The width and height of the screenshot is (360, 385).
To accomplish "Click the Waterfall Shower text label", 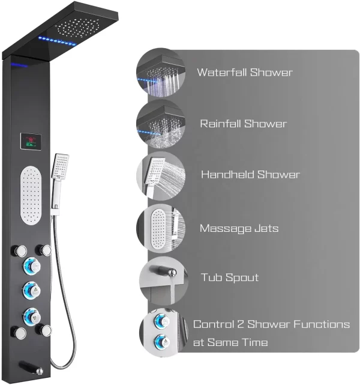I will tap(245, 73).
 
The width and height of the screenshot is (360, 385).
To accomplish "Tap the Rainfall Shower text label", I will tap(244, 124).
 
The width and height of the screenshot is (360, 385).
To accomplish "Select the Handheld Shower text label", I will tap(250, 175).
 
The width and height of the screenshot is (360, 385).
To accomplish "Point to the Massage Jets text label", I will tap(239, 228).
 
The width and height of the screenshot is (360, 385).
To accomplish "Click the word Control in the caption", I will tap(210, 324).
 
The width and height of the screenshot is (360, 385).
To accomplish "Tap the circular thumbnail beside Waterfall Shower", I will tap(161, 71).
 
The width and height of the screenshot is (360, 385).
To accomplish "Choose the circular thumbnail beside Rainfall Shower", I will tap(161, 124).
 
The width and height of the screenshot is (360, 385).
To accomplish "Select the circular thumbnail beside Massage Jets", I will tap(161, 228).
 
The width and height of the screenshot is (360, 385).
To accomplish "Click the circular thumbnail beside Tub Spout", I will tap(161, 280).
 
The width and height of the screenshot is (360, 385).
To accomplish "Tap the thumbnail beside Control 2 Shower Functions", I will tap(161, 332).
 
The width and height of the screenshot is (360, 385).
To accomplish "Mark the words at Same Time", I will tap(231, 342).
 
